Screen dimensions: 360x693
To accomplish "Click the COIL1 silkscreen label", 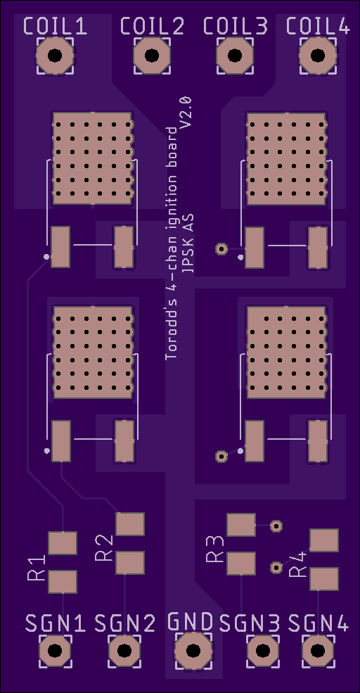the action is pos(55,26).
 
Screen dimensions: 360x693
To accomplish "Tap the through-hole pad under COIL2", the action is pos(151,56).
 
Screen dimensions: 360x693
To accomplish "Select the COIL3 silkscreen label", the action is pos(236,26).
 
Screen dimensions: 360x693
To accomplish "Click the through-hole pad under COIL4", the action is pos(318,56).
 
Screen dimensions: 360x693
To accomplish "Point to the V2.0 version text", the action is pos(186,112).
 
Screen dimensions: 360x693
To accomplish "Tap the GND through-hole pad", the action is pos(193,651).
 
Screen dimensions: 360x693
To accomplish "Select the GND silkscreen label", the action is pos(191,622).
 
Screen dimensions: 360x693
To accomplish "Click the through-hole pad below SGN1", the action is pos(55,651).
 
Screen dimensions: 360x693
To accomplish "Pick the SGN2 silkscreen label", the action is pos(125,623).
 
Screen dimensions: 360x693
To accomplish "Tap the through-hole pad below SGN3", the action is pos(263,651).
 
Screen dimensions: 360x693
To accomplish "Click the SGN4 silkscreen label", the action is pos(319,623).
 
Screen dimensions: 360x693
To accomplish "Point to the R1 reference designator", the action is pos(37,568).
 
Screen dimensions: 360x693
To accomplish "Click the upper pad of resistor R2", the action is pos(130,524).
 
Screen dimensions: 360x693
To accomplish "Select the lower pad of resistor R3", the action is pos(240,563).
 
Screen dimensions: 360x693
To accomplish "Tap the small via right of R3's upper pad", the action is pos(276,526).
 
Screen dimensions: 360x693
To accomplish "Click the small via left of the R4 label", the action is pos(276,567).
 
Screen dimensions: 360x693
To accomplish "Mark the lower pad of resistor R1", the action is pos(63,582).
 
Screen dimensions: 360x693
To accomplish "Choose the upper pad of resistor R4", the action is pos(324,540).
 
